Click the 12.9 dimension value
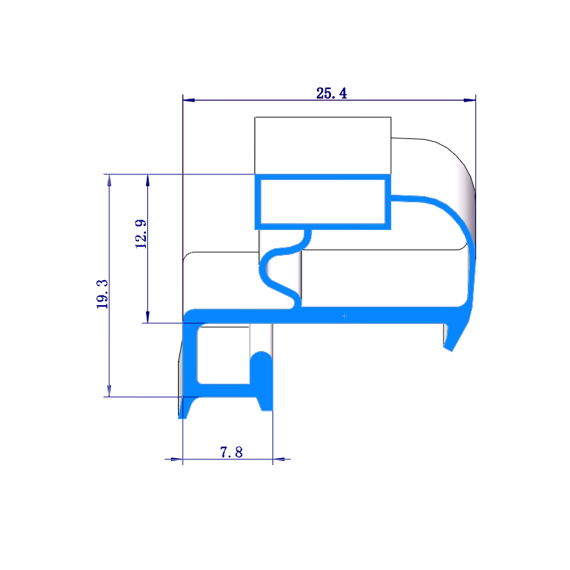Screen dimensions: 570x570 click(141, 234)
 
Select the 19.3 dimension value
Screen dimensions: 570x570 click(103, 293)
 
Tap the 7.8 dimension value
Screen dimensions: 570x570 click(231, 453)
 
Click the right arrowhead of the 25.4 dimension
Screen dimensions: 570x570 click(471, 100)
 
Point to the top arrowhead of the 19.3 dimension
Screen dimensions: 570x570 click(109, 180)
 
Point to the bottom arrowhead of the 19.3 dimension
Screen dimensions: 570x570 click(109, 391)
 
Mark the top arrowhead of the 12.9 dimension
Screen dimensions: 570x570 click(147, 180)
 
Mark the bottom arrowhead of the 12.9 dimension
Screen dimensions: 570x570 click(147, 316)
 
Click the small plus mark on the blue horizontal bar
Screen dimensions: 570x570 click(344, 316)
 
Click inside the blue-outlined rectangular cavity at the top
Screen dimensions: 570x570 click(321, 202)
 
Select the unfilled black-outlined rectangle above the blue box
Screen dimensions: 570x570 click(322, 145)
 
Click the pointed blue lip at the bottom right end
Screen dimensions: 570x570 click(451, 341)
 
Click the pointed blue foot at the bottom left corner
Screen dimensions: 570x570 click(184, 410)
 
